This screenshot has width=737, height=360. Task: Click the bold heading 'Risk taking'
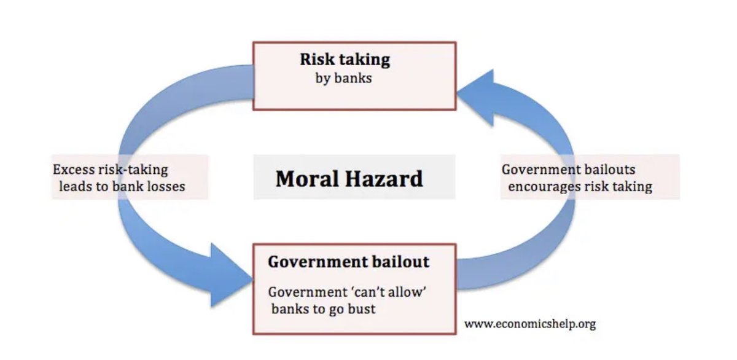click(345, 60)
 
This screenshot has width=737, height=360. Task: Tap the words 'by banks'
click(339, 79)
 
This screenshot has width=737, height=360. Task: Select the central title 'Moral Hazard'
click(349, 178)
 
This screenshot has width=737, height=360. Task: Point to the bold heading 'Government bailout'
click(348, 262)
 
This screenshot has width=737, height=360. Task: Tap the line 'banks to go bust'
click(323, 308)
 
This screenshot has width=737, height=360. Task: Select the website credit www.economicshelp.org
click(529, 323)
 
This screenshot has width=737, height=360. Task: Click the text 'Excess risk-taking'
click(110, 170)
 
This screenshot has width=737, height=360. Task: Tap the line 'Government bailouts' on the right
click(568, 170)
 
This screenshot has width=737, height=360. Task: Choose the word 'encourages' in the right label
click(538, 186)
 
